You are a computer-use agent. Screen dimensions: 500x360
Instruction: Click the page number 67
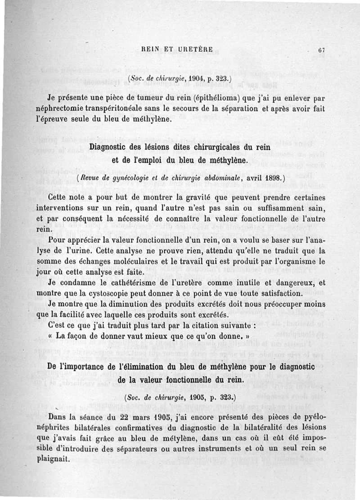pos(321,50)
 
